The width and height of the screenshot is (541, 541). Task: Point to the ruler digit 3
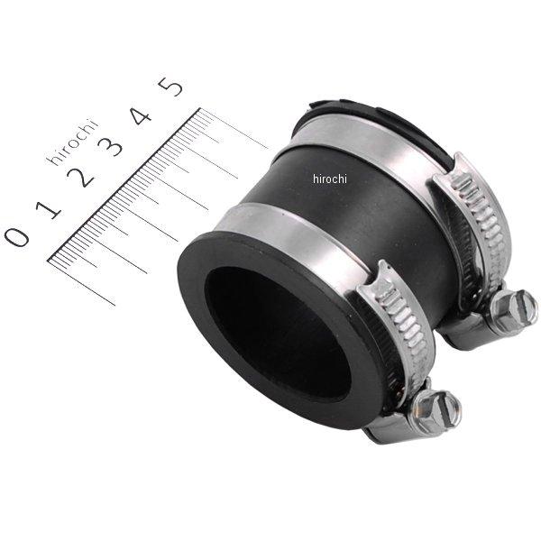pos(115,144)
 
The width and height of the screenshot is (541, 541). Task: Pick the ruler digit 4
pos(143,115)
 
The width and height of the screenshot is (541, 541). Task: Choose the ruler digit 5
pos(171,87)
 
